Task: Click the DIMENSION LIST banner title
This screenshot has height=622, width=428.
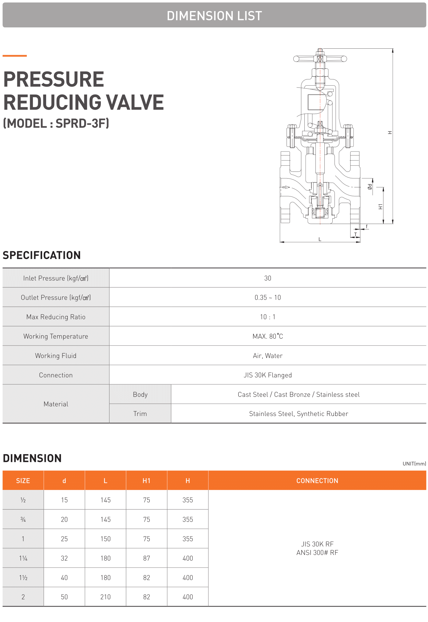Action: coord(214,16)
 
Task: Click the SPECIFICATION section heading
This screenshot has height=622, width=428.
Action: coord(42,255)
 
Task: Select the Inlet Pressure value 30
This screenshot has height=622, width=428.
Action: coord(267,278)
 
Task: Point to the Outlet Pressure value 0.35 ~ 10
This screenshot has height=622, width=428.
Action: coord(267,297)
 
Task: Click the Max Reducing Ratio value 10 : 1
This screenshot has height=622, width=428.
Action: coord(267,317)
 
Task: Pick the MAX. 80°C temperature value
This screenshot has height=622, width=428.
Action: coord(267,336)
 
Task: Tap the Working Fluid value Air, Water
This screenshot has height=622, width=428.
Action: coord(267,356)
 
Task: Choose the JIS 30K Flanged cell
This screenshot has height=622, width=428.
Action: coord(267,375)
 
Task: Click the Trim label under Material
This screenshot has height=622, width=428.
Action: coord(140,414)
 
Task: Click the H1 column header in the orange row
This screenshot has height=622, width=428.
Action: coord(146,481)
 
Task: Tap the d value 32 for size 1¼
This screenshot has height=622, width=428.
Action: coord(64,558)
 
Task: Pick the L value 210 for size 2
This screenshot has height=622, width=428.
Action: coord(105,597)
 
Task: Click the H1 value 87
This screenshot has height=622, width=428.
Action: coord(146,558)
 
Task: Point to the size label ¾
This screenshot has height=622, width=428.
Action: coord(23,519)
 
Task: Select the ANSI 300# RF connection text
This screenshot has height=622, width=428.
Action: coord(317,553)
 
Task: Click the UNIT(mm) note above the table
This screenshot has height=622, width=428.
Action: coord(414,464)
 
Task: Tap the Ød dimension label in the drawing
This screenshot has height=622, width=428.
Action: coord(370,187)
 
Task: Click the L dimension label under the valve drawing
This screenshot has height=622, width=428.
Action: coord(320,239)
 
